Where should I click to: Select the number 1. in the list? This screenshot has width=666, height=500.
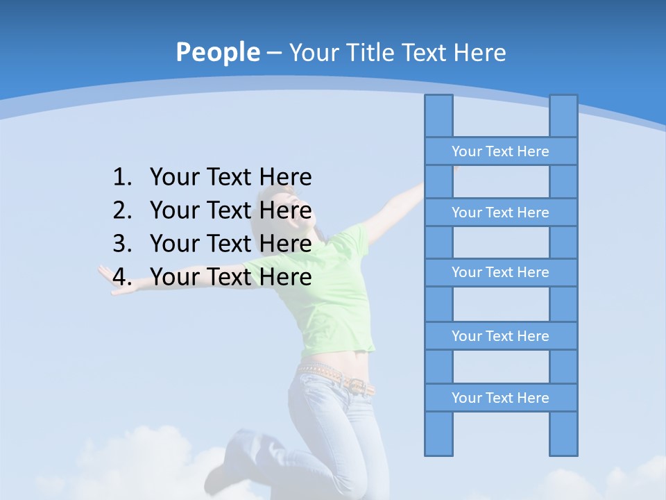click(x=122, y=178)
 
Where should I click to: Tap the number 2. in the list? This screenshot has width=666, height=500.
click(x=122, y=210)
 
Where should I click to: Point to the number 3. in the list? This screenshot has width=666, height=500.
click(x=122, y=244)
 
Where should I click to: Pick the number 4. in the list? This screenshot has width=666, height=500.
click(x=122, y=277)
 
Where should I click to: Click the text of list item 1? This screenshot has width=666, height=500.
click(x=230, y=178)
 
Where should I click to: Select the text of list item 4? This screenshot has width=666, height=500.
click(x=230, y=277)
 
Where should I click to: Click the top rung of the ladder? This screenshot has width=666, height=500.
click(x=500, y=151)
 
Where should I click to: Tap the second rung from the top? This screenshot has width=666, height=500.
click(x=500, y=212)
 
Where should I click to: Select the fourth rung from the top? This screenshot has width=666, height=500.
click(x=500, y=336)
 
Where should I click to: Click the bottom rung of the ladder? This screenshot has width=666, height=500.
click(x=500, y=398)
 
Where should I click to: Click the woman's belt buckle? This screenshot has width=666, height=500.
click(x=357, y=386)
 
